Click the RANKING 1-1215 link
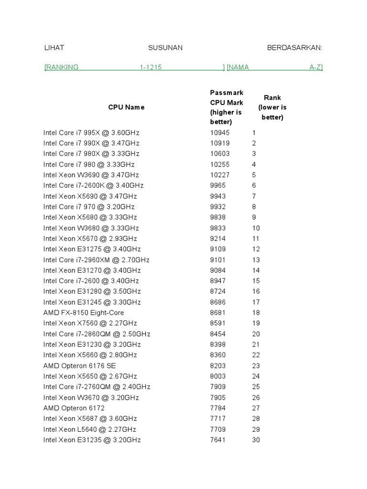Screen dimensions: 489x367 point(134,67)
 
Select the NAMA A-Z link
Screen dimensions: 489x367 point(275,67)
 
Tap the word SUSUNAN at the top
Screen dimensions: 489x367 point(165,48)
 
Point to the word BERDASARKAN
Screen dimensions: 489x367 point(295,48)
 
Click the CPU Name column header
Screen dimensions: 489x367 point(126,107)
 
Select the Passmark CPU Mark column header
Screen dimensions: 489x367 point(227,107)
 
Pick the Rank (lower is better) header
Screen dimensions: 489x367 point(272,107)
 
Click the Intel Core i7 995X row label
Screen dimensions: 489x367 point(91,133)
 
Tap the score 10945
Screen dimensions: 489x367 point(220,133)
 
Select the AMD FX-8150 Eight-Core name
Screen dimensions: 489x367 point(84,313)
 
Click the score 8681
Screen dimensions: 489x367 point(218,313)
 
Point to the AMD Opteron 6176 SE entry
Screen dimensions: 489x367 point(79,366)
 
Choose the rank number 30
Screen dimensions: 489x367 point(256,440)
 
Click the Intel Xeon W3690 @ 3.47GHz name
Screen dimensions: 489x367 point(91,175)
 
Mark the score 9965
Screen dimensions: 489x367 point(218,185)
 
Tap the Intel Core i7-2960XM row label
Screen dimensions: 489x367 point(97,260)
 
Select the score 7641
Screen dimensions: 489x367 point(218,440)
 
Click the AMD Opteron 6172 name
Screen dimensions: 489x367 point(74,408)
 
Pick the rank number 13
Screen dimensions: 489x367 point(256,260)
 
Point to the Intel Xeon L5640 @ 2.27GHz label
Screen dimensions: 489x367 point(90,429)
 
